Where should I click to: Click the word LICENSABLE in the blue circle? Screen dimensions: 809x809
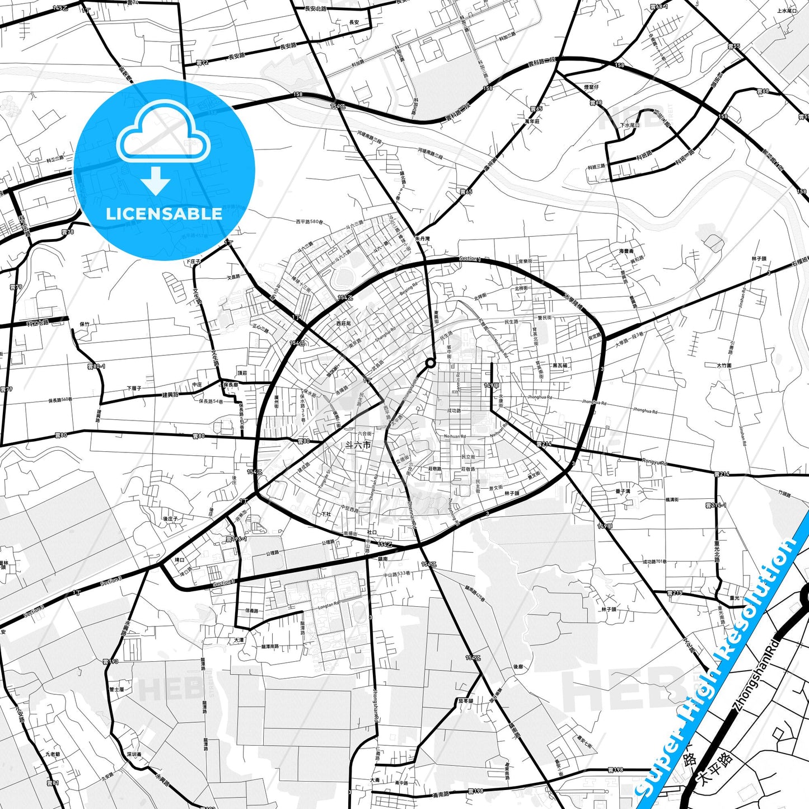pyautogui.click(x=164, y=214)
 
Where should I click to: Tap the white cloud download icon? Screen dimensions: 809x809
pyautogui.click(x=163, y=147)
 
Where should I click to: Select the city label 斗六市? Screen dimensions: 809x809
pyautogui.click(x=358, y=446)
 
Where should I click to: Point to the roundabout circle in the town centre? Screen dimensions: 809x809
pyautogui.click(x=430, y=363)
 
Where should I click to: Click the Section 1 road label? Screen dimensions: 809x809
pyautogui.click(x=469, y=259)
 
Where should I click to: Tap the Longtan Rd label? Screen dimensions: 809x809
pyautogui.click(x=329, y=605)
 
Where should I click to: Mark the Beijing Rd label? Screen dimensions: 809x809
pyautogui.click(x=408, y=289)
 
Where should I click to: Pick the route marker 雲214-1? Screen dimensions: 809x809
pyautogui.click(x=716, y=506)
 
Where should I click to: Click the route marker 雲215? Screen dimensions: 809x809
pyautogui.click(x=675, y=593)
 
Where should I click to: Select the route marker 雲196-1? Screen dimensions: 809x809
pyautogui.click(x=236, y=539)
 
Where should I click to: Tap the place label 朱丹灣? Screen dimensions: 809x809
pyautogui.click(x=422, y=239)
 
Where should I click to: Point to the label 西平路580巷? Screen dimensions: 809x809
pyautogui.click(x=310, y=222)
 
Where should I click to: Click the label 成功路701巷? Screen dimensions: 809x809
pyautogui.click(x=654, y=562)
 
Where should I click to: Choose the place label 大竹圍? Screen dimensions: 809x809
pyautogui.click(x=724, y=365)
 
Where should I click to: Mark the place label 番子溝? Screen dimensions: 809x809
pyautogui.click(x=623, y=491)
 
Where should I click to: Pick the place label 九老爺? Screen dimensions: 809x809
pyautogui.click(x=53, y=754)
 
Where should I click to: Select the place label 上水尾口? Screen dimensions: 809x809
pyautogui.click(x=787, y=11)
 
